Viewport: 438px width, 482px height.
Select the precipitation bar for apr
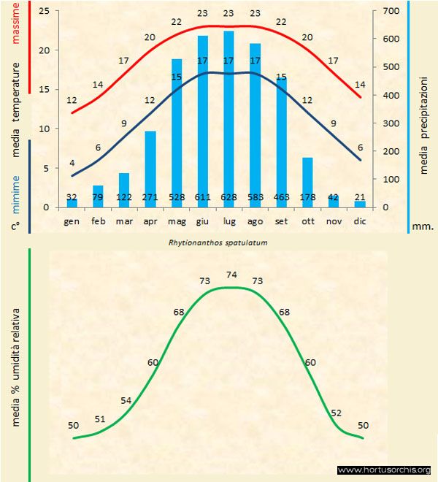pyautogui.click(x=150, y=169)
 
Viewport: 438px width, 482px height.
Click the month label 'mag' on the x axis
pyautogui.click(x=177, y=221)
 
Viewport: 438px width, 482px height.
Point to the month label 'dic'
pyautogui.click(x=360, y=221)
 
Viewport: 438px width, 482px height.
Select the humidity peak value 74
pyautogui.click(x=232, y=275)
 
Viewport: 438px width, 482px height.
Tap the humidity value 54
pyautogui.click(x=126, y=401)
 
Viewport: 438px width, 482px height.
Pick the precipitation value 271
pyautogui.click(x=150, y=197)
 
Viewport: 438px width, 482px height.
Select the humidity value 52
pyautogui.click(x=336, y=413)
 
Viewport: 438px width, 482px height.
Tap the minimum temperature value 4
pyautogui.click(x=72, y=162)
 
